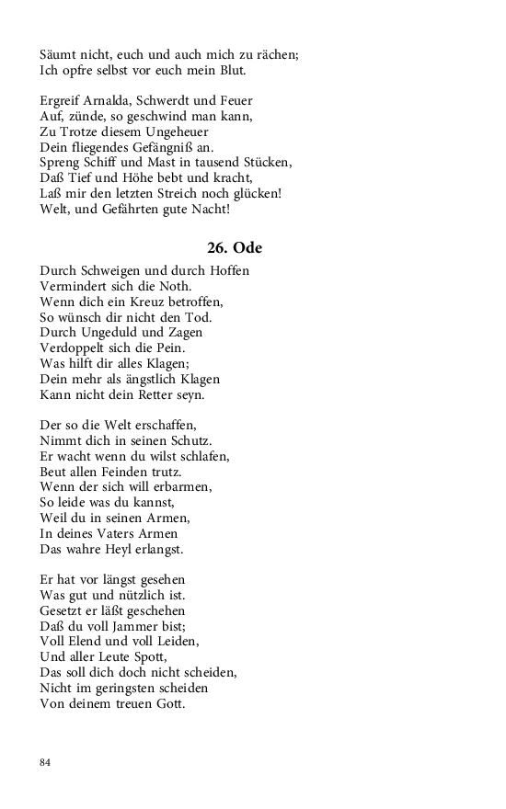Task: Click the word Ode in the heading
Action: [248, 248]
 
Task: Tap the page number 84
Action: [45, 762]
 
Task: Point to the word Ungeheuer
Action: [184, 131]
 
